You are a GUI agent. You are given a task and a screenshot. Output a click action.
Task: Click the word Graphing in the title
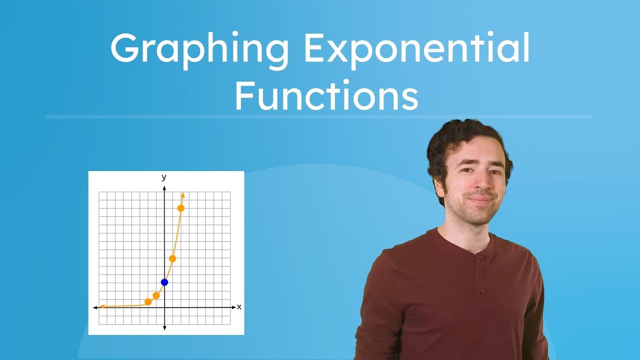[x=198, y=49]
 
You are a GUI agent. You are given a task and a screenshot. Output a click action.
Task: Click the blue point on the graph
[x=164, y=282]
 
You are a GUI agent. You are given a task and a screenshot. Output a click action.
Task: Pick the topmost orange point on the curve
[x=181, y=208]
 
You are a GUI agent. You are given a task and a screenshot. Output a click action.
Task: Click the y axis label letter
[x=164, y=177]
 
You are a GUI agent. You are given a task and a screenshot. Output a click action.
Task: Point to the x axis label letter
[x=239, y=306]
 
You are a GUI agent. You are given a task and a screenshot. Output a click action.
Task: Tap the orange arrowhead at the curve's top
[x=183, y=194]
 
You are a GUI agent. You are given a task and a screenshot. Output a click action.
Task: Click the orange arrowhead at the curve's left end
[x=101, y=306]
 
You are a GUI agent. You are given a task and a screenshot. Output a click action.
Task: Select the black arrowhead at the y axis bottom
[x=164, y=327]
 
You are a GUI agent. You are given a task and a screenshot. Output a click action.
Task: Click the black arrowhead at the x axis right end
[x=233, y=307]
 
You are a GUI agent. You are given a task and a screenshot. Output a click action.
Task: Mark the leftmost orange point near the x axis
[x=148, y=301]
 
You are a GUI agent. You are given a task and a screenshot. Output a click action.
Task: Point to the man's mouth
[x=480, y=199]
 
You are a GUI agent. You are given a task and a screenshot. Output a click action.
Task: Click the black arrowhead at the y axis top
[x=164, y=187]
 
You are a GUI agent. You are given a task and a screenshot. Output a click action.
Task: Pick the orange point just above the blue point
[x=172, y=258]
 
